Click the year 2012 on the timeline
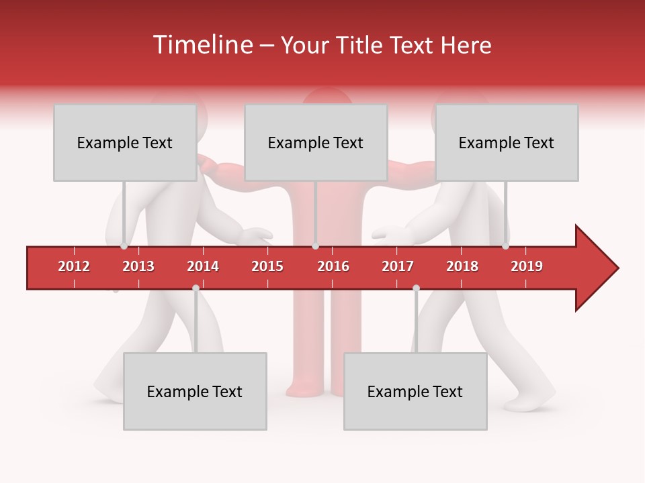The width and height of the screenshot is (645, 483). pos(74,266)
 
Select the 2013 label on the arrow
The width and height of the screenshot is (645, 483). pos(138,266)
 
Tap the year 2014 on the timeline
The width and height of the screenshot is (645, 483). pos(203,266)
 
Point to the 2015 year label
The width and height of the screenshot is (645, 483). pos(267,266)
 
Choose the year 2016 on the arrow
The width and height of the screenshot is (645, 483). pos(333,266)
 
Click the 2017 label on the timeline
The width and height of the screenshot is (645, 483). pos(398,266)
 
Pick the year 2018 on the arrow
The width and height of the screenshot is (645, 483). pos(462,266)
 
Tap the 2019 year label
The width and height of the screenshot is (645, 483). pos(527,266)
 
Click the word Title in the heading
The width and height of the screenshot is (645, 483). pos(364,45)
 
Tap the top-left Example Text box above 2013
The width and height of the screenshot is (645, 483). pos(125,142)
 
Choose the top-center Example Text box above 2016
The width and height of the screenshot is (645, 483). pos(316,142)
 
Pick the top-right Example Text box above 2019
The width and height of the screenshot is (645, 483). pos(507,142)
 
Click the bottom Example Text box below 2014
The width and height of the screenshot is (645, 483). pos(195,391)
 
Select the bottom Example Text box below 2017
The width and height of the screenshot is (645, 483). pos(415,391)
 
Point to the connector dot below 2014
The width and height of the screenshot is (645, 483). pos(196,288)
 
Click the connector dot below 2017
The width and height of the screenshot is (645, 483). pos(416,288)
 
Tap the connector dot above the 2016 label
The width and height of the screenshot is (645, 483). pos(315,246)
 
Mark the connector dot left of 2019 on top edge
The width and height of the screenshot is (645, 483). pos(505,246)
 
